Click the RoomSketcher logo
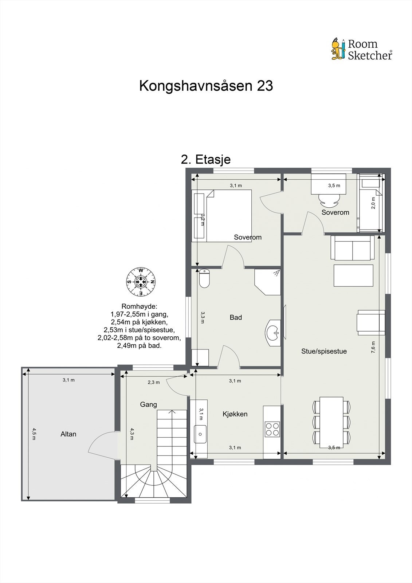tap(361, 49)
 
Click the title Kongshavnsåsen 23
tap(206, 86)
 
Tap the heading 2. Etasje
tap(206, 159)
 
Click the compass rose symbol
tap(141, 282)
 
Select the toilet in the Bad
tap(204, 279)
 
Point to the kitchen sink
tap(200, 434)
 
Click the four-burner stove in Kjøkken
tap(272, 429)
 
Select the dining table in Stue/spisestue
tap(331, 422)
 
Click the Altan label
tap(68, 434)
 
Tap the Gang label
tap(149, 404)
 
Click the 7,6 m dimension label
tap(373, 347)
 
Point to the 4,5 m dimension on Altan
tap(34, 434)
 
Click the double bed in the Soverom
tap(227, 216)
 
